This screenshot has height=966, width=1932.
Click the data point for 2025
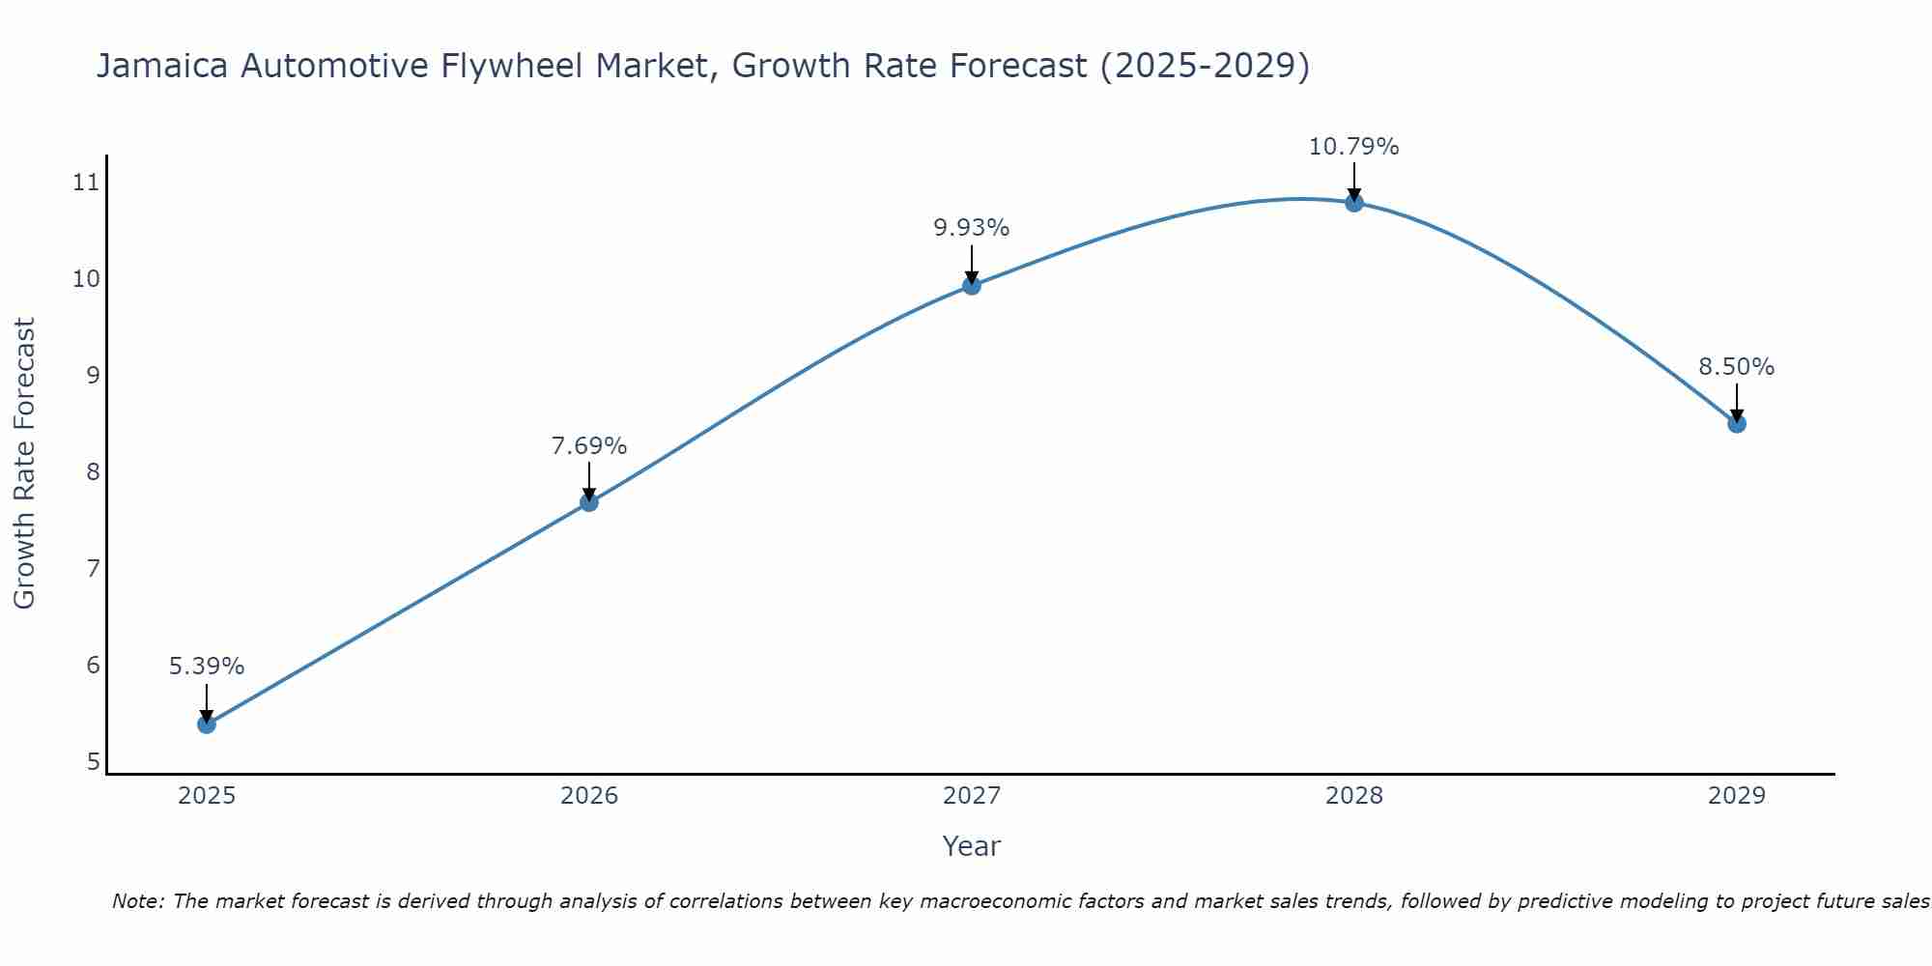tap(207, 724)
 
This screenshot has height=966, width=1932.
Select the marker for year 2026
tap(589, 502)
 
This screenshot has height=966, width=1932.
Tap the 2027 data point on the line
tap(972, 285)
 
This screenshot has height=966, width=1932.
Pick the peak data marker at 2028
tap(1354, 202)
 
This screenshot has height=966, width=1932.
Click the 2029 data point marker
tap(1737, 423)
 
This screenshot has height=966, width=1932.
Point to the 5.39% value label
tap(207, 667)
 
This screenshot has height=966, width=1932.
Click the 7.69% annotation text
tap(589, 446)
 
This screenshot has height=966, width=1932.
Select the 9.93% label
tap(972, 228)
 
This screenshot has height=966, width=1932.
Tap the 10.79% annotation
tap(1354, 147)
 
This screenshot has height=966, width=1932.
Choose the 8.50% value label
tap(1737, 367)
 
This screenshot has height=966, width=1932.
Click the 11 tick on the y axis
tap(87, 182)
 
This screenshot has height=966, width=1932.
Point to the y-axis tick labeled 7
tap(93, 568)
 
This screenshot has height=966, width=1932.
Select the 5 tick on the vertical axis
tap(93, 761)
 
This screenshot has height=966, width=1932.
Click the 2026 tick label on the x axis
tap(589, 796)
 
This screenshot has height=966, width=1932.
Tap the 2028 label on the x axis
tap(1354, 796)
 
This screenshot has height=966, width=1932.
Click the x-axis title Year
tap(972, 846)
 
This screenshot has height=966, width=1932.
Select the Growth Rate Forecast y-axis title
tap(25, 464)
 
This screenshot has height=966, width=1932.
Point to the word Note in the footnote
tap(138, 901)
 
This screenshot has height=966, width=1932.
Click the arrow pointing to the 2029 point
tap(1737, 401)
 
